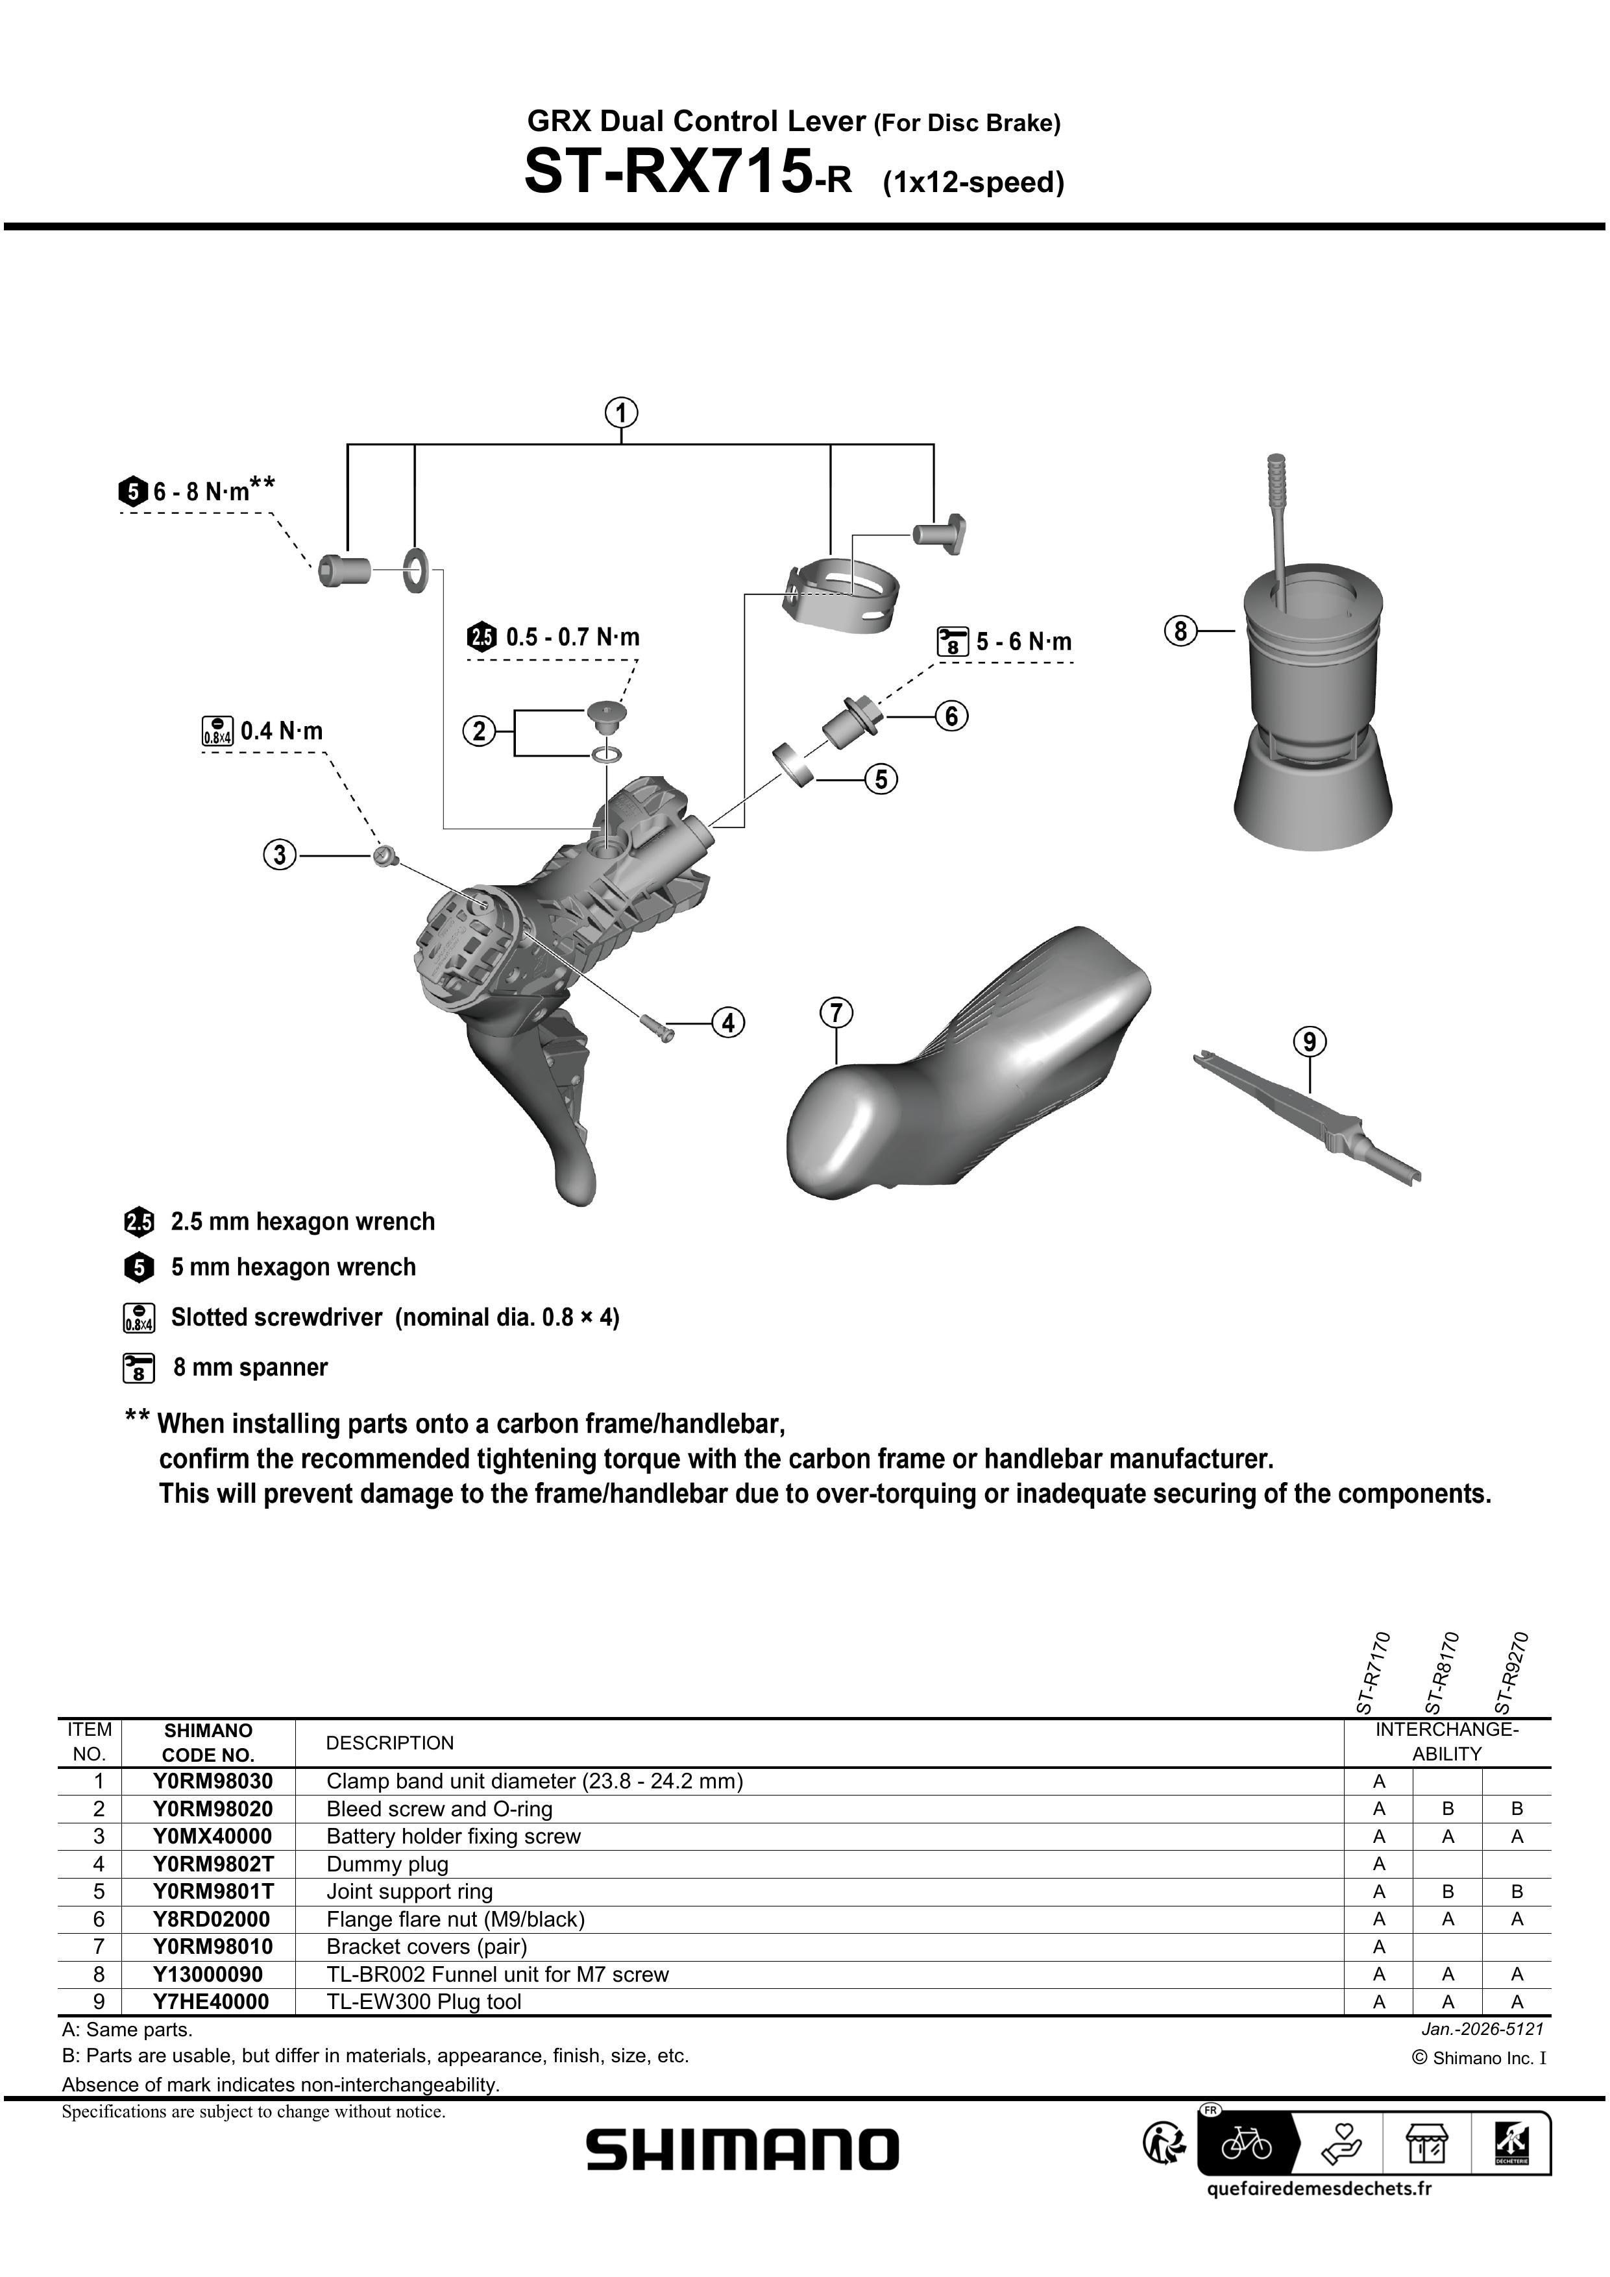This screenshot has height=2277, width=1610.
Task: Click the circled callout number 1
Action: (x=621, y=413)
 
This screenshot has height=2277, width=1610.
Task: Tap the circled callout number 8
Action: (x=1180, y=631)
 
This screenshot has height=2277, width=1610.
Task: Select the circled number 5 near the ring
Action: (x=881, y=779)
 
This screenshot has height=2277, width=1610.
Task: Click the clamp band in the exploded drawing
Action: (x=843, y=595)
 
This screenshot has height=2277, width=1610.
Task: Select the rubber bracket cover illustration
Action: (x=972, y=1061)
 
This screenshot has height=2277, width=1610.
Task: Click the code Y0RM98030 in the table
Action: (x=212, y=1780)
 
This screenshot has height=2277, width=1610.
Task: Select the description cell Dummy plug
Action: (x=387, y=1864)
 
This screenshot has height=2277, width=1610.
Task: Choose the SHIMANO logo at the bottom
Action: (x=742, y=2150)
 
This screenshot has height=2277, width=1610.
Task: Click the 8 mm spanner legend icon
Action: (x=139, y=1368)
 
